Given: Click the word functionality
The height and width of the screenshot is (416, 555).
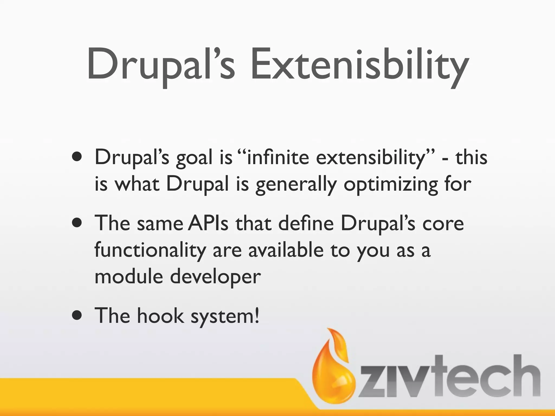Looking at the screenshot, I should pos(150,251).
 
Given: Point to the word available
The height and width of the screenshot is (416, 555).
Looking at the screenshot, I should pos(286,250).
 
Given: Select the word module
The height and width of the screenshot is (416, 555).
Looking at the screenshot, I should pos(129,277).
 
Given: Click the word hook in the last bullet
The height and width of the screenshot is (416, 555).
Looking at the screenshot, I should pos(160,316).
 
